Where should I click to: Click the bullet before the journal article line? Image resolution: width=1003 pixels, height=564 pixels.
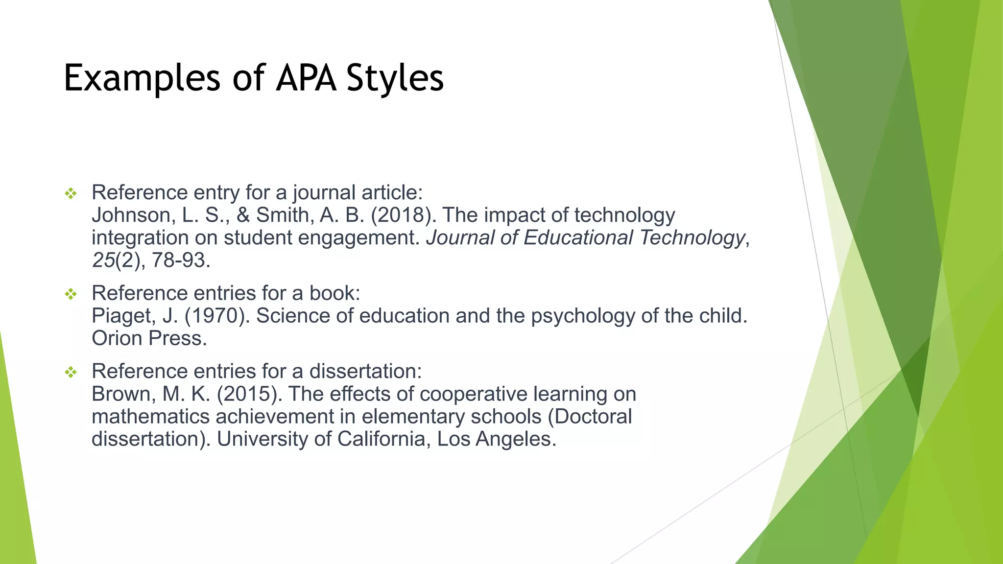tap(71, 194)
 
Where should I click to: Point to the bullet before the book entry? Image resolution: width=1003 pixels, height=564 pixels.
tap(71, 294)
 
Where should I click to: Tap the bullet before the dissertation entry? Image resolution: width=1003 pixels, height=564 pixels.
tap(71, 373)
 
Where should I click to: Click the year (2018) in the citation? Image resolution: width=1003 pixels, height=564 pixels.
tap(404, 215)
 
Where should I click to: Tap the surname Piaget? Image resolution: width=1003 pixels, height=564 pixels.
tap(122, 316)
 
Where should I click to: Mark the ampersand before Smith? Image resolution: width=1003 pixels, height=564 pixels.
tap(243, 215)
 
